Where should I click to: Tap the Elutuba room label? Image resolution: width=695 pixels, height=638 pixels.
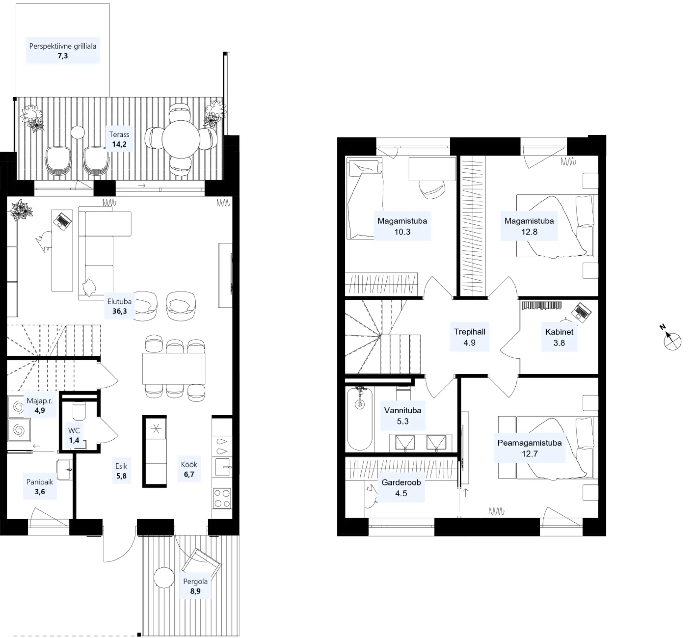tap(119, 301)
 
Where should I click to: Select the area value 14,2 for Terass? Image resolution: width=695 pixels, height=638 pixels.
tap(119, 144)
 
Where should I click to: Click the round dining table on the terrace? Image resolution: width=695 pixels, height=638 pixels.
tap(181, 139)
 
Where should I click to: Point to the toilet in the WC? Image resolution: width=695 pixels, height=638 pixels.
tap(79, 411)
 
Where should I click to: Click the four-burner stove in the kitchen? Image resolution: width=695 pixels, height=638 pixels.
tap(222, 498)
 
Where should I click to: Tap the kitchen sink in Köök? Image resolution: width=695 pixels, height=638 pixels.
tap(222, 467)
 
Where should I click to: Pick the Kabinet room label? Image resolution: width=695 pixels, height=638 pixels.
tap(559, 332)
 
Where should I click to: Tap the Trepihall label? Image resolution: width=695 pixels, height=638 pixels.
tap(469, 332)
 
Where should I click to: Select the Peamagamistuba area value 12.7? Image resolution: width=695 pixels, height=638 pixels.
tap(529, 454)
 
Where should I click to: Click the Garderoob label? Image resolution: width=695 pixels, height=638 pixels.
tap(401, 482)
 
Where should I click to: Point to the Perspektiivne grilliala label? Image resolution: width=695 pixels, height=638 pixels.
tap(63, 46)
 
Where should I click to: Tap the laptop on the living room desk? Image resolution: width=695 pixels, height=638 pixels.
tap(63, 221)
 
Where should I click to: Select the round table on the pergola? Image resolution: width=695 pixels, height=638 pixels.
tap(164, 578)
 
